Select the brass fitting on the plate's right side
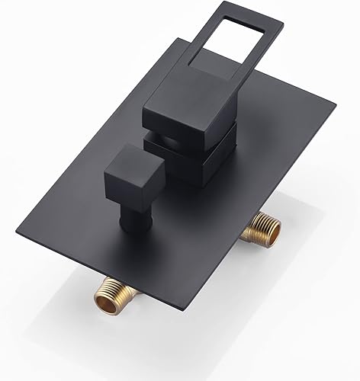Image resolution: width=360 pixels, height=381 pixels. point(260,229)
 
